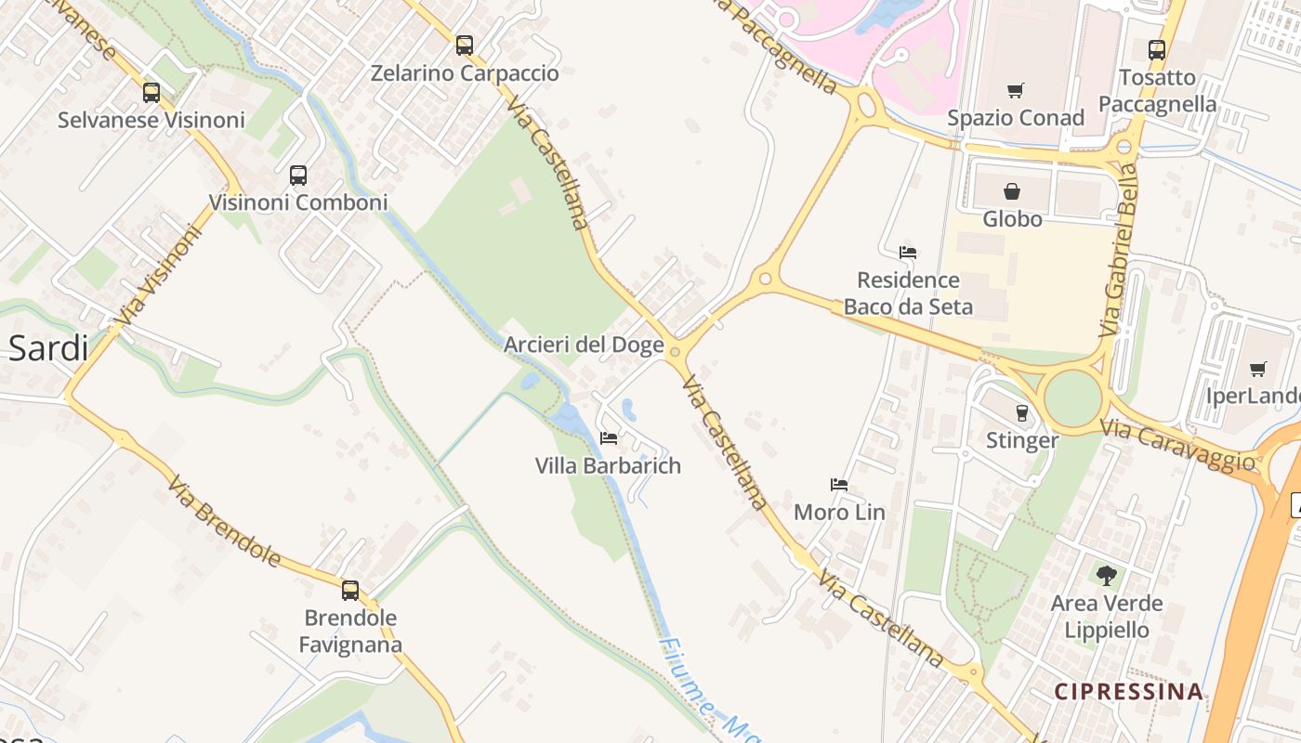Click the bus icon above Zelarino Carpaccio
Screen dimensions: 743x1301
(465, 45)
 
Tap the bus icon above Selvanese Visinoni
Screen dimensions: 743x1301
(151, 92)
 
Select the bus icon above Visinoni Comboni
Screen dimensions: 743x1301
(298, 175)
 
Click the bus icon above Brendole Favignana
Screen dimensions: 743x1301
(350, 590)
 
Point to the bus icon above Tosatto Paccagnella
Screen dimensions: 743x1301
(1156, 49)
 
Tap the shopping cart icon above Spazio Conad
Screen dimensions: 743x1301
(1016, 90)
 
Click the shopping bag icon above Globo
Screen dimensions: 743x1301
(1012, 191)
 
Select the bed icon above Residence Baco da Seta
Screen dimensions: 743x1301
(908, 252)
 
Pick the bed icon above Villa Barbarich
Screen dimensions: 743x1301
(609, 437)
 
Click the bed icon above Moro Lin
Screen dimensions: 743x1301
(839, 484)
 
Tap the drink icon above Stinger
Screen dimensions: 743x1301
(1022, 412)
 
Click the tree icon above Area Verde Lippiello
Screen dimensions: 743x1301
(1106, 576)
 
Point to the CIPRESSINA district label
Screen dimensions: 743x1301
(1129, 692)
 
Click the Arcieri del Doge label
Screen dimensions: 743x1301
(584, 345)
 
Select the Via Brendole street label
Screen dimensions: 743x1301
(224, 520)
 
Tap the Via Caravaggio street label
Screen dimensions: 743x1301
(1177, 445)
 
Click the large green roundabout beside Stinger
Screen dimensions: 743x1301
(1072, 398)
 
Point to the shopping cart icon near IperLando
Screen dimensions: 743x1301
(1258, 369)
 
